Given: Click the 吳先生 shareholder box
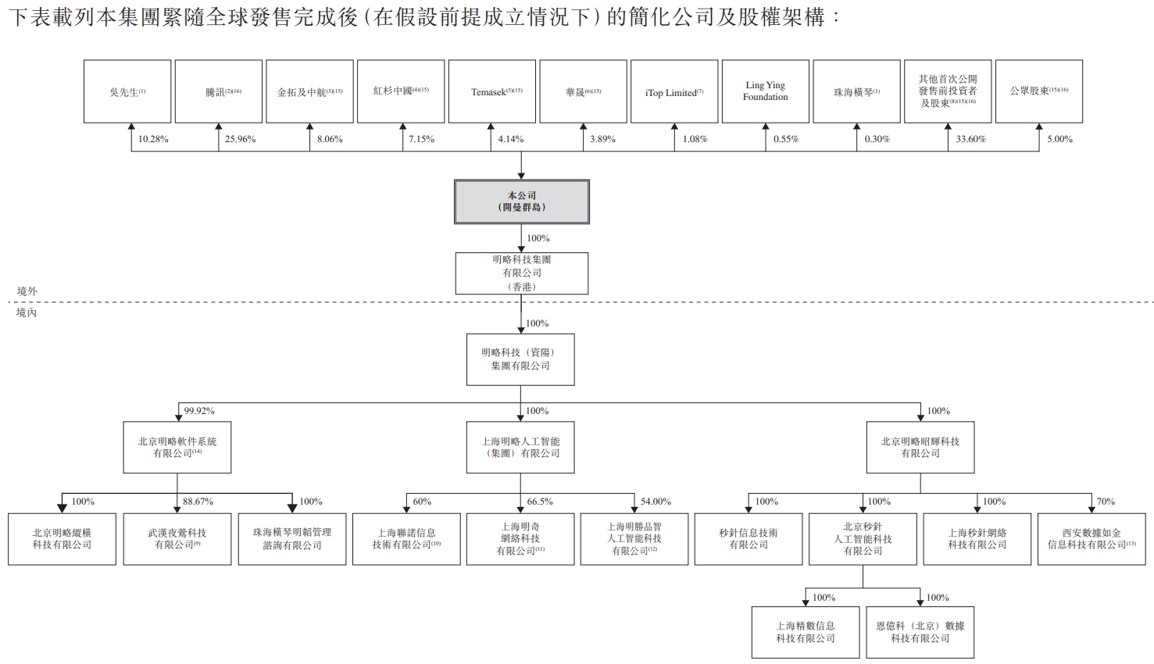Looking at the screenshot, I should [x=127, y=91].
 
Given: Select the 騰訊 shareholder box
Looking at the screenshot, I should [x=219, y=91].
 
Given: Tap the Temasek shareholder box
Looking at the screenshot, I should [x=492, y=91].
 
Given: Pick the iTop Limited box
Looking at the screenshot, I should [x=674, y=91].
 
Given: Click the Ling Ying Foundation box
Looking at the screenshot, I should [x=766, y=91].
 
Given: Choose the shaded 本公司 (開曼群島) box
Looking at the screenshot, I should [x=522, y=202].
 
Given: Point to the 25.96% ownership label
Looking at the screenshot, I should [x=240, y=139].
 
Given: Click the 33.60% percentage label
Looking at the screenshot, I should [x=970, y=139].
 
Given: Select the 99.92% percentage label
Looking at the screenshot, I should [x=199, y=411].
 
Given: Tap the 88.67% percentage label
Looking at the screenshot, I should [x=198, y=502].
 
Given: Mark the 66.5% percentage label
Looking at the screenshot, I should [x=539, y=502].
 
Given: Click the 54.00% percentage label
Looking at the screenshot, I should [x=656, y=502].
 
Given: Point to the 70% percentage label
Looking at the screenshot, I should [x=1105, y=502].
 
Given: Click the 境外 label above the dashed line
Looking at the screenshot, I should [x=27, y=291].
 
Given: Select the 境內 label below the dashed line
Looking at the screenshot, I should [x=27, y=312].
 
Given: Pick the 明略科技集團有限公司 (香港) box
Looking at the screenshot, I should [x=522, y=273].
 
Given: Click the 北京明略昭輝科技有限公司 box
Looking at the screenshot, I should [x=920, y=448].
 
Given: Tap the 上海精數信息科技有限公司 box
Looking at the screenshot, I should [x=806, y=632].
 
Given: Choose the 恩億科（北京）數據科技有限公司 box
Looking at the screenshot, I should [x=920, y=632].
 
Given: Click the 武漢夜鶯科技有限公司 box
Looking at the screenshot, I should [x=177, y=539].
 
